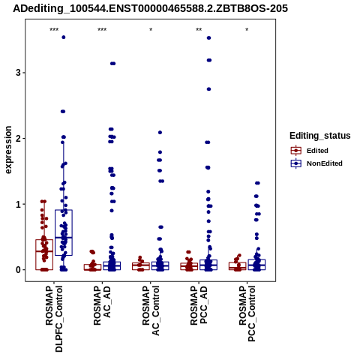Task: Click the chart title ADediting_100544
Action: pos(150,9)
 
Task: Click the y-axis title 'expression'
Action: pos(8,150)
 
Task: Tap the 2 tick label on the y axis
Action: pos(18,139)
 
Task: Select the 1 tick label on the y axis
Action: pos(18,204)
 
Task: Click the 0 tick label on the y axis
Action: pos(18,270)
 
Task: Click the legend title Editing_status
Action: pos(320,136)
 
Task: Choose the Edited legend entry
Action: pos(317,151)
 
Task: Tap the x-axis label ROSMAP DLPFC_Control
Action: pos(54,318)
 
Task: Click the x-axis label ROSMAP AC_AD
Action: pos(102,305)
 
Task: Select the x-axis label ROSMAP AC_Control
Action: pos(151,310)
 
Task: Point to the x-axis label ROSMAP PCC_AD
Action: pos(199,305)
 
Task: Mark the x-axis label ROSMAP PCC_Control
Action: pos(247,313)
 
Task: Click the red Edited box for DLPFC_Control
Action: pos(44,255)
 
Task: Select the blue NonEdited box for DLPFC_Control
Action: pos(64,232)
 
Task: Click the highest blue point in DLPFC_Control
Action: pos(64,37)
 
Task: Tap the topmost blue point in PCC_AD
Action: pos(208,38)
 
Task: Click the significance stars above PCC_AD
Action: pos(199,30)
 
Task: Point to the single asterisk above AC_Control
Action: pos(151,30)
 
